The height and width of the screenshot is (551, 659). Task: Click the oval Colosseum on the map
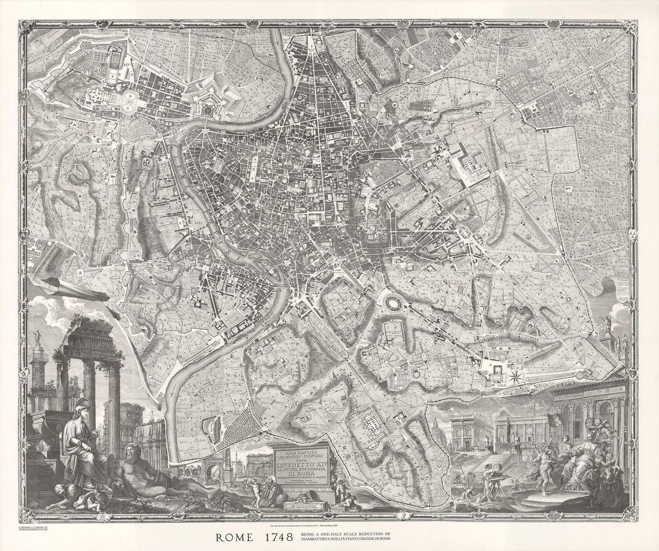[394, 305]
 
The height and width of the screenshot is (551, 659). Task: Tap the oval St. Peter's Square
[129, 102]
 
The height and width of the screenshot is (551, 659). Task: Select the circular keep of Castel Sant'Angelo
[208, 110]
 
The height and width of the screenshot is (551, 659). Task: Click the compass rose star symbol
[516, 376]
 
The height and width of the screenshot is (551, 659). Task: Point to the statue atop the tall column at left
[37, 336]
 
